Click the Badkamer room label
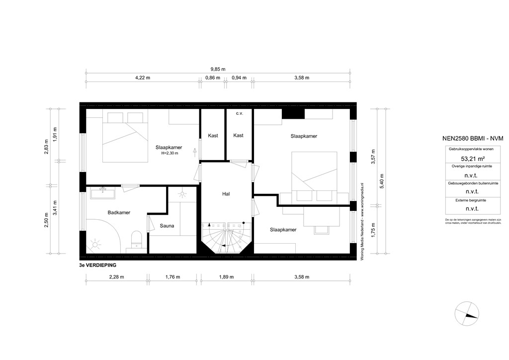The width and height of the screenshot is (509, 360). pyautogui.click(x=119, y=212)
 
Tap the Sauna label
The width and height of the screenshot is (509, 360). pyautogui.click(x=167, y=226)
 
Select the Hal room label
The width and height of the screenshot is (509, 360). pyautogui.click(x=226, y=194)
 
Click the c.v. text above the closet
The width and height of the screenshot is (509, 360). pyautogui.click(x=239, y=113)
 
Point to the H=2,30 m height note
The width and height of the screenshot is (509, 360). pyautogui.click(x=169, y=154)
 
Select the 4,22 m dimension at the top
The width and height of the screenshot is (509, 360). pyautogui.click(x=143, y=78)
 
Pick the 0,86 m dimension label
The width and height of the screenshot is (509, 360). pyautogui.click(x=213, y=78)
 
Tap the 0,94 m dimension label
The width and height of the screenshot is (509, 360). pyautogui.click(x=239, y=78)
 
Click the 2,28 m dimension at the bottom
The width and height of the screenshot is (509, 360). pyautogui.click(x=116, y=277)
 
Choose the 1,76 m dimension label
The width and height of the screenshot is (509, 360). pyautogui.click(x=172, y=277)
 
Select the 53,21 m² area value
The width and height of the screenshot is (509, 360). pyautogui.click(x=467, y=159)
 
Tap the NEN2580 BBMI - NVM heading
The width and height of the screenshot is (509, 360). pyautogui.click(x=467, y=139)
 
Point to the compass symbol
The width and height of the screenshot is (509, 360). pyautogui.click(x=467, y=313)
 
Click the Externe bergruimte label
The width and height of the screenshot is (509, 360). pyautogui.click(x=467, y=200)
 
